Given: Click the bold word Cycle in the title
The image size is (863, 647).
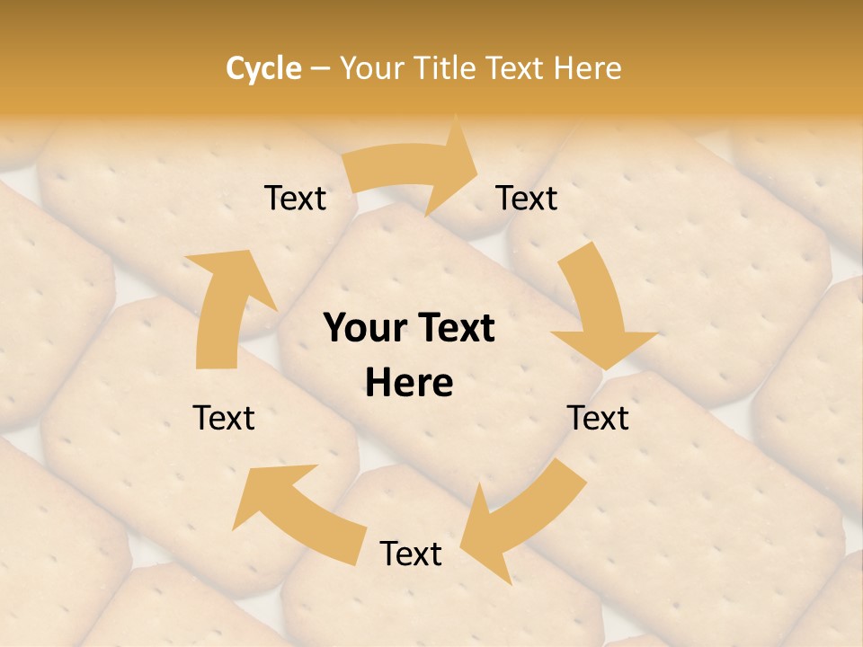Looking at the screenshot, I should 263,68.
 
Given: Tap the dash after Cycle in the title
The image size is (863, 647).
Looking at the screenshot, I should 320,68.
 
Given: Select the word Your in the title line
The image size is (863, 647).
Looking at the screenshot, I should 371,68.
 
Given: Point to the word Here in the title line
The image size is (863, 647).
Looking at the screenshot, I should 588,68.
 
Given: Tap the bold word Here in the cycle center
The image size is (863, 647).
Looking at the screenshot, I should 409,383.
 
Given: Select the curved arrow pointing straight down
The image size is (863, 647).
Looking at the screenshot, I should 598,306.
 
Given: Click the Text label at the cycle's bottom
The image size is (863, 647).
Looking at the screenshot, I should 411,554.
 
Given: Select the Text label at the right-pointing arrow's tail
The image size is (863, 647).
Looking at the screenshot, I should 295,198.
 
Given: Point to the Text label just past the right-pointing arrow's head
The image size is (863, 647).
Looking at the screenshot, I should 527,198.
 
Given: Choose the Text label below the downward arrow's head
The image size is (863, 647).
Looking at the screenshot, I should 598,418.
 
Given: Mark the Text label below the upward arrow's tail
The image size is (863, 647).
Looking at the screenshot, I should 224,418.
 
